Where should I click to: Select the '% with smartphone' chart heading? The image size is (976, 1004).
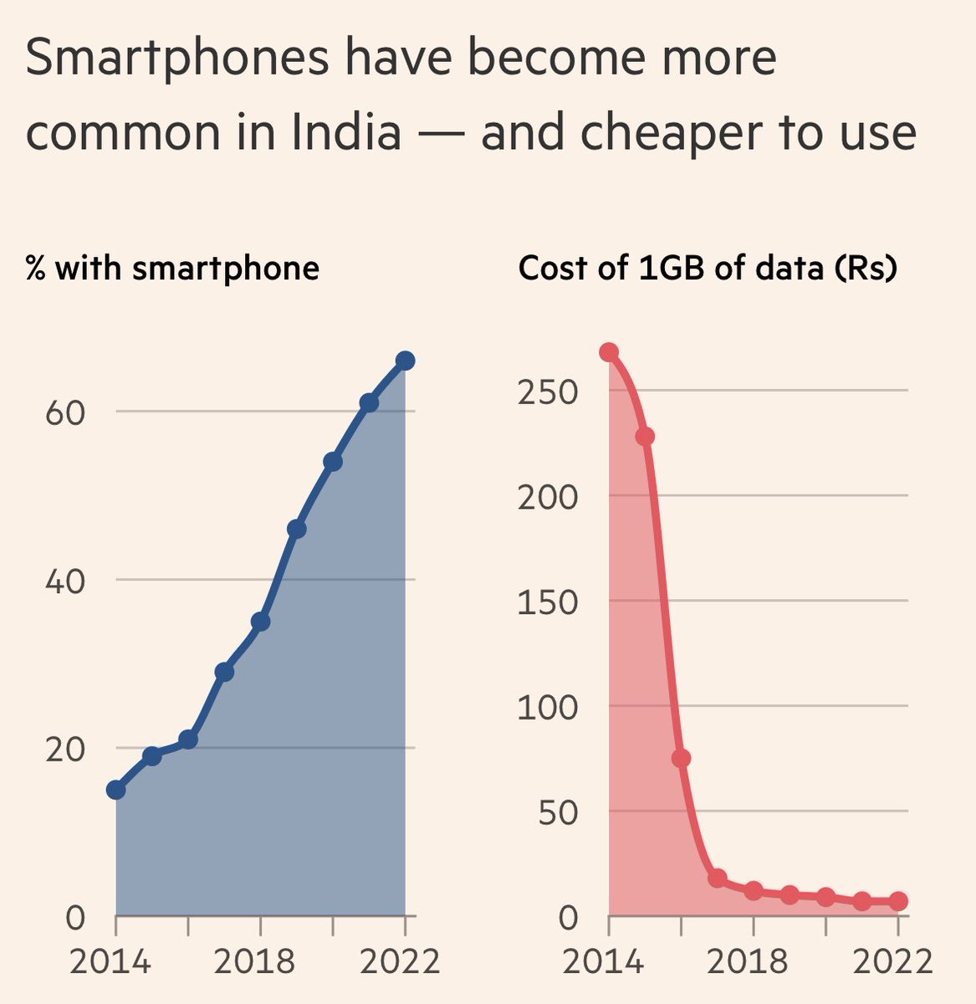pos(172,269)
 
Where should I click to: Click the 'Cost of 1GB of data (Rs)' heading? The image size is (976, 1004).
pos(708,269)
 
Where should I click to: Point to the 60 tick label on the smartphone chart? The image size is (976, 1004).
pos(65,412)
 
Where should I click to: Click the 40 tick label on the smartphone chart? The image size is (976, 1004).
pos(65,581)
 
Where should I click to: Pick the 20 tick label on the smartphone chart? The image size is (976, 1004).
pos(65,749)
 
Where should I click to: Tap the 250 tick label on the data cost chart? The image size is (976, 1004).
pos(548,392)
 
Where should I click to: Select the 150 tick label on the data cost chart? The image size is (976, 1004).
pos(548,602)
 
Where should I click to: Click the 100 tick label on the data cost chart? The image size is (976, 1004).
pos(548,707)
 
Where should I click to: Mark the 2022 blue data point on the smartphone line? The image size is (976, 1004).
pos(405,361)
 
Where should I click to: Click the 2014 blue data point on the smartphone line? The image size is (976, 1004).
pos(116,790)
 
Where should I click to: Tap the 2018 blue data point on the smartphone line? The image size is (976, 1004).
pos(260,622)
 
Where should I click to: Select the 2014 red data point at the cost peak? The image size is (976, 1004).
pos(609,352)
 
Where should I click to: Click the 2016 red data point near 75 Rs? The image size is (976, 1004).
pos(681,758)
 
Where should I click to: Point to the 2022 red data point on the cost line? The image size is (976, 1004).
pos(897,901)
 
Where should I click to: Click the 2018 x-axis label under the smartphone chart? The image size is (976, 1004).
pos(254,961)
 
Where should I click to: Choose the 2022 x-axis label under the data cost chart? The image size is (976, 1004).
pos(892,961)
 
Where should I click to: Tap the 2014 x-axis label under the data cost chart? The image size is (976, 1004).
pos(603,961)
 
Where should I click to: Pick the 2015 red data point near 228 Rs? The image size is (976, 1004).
pos(645,437)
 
